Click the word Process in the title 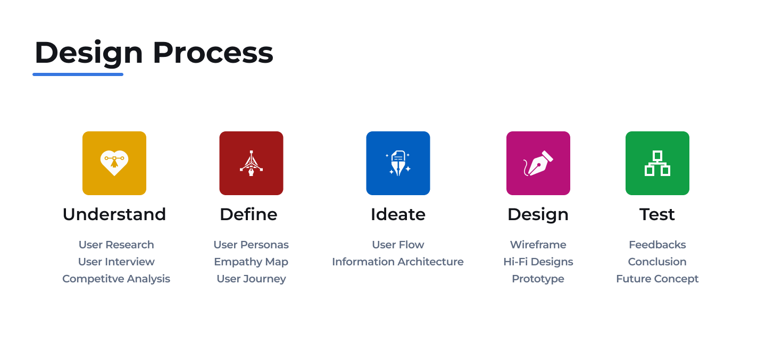(x=213, y=53)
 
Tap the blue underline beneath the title (x=78, y=74)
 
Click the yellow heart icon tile (x=114, y=163)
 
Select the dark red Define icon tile (x=251, y=163)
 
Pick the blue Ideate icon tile (x=398, y=163)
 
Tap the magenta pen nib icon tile (x=538, y=163)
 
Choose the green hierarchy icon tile (x=657, y=163)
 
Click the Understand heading (x=114, y=214)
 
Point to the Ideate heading (x=398, y=214)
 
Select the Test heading (x=657, y=214)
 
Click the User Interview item (x=116, y=262)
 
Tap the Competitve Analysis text (x=116, y=279)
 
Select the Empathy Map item (x=251, y=262)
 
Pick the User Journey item (x=251, y=279)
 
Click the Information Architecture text (x=398, y=262)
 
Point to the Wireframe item (x=538, y=245)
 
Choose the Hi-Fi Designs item (x=538, y=262)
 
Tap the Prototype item (x=538, y=279)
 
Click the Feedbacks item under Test (x=657, y=245)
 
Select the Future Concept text (x=657, y=279)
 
